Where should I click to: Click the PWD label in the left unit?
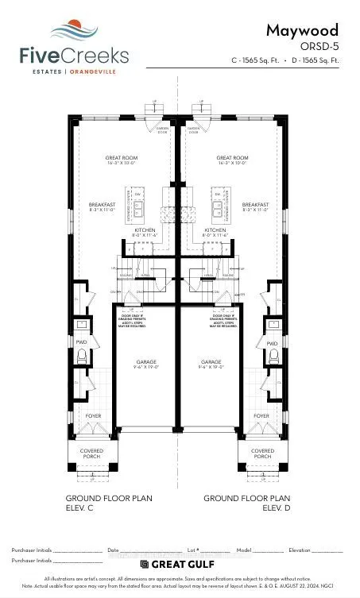tap(82, 343)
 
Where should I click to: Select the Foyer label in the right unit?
tap(261, 415)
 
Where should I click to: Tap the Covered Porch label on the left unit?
tap(92, 453)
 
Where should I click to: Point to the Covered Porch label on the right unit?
tap(263, 453)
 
